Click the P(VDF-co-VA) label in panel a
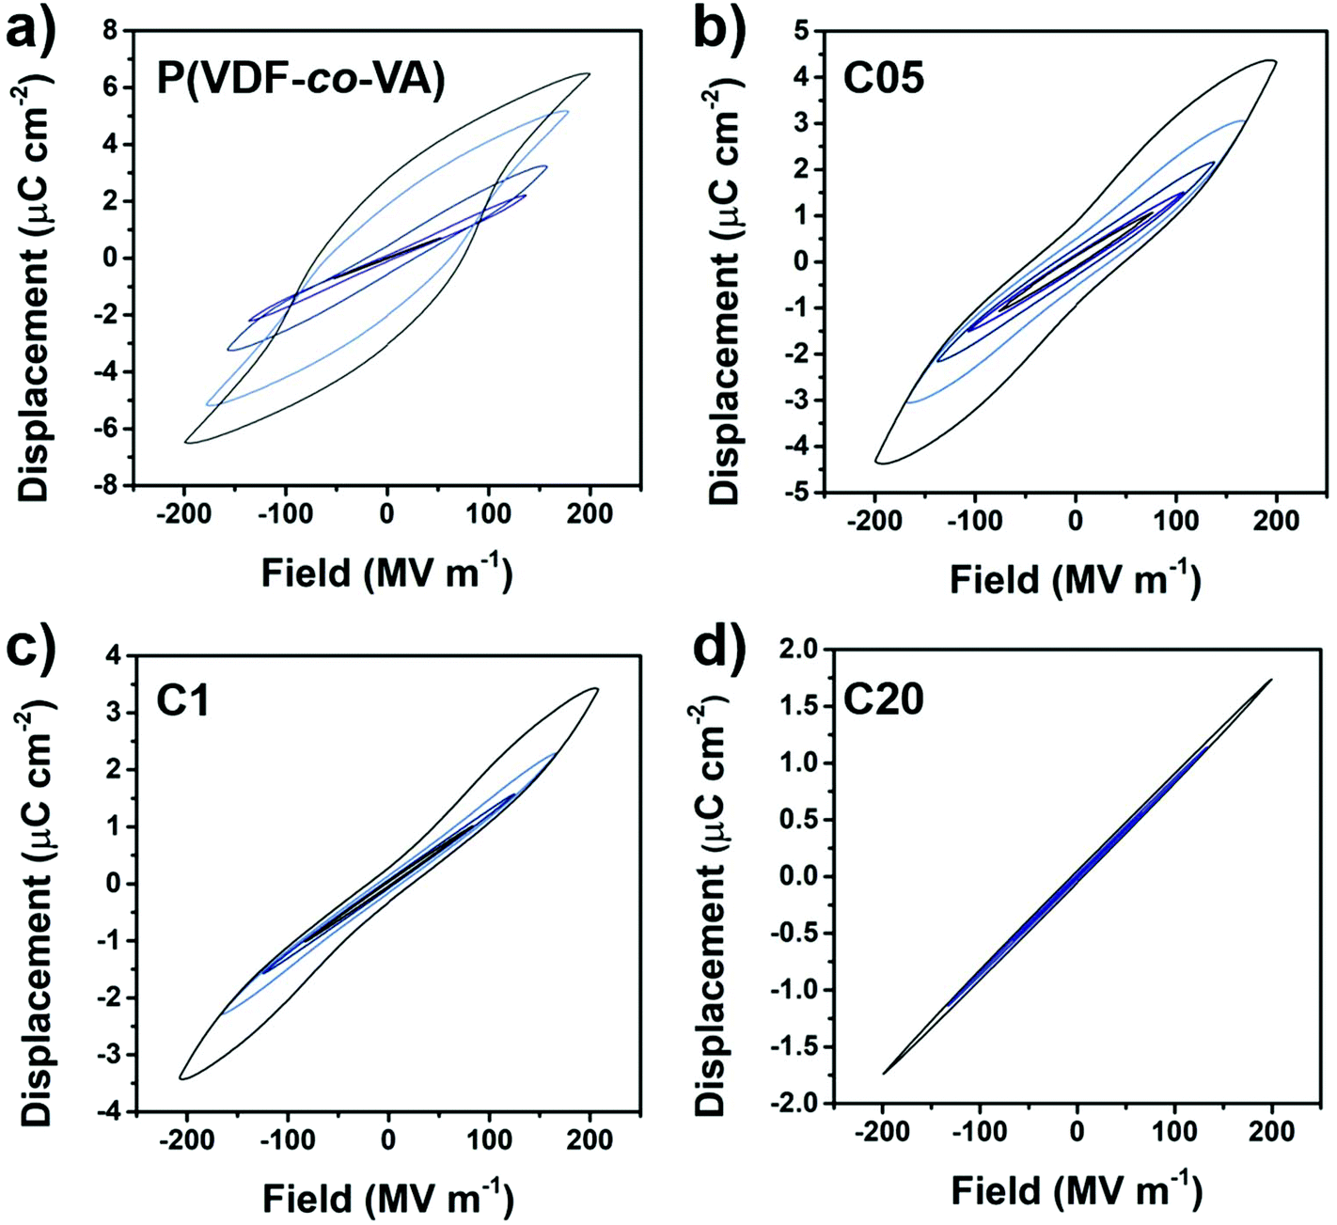(x=300, y=79)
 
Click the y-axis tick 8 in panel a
(x=112, y=31)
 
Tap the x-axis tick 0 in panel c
(x=388, y=1140)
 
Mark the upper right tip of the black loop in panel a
(x=589, y=73)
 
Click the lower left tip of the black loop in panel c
(x=181, y=1077)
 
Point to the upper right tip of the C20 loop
(x=1271, y=679)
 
